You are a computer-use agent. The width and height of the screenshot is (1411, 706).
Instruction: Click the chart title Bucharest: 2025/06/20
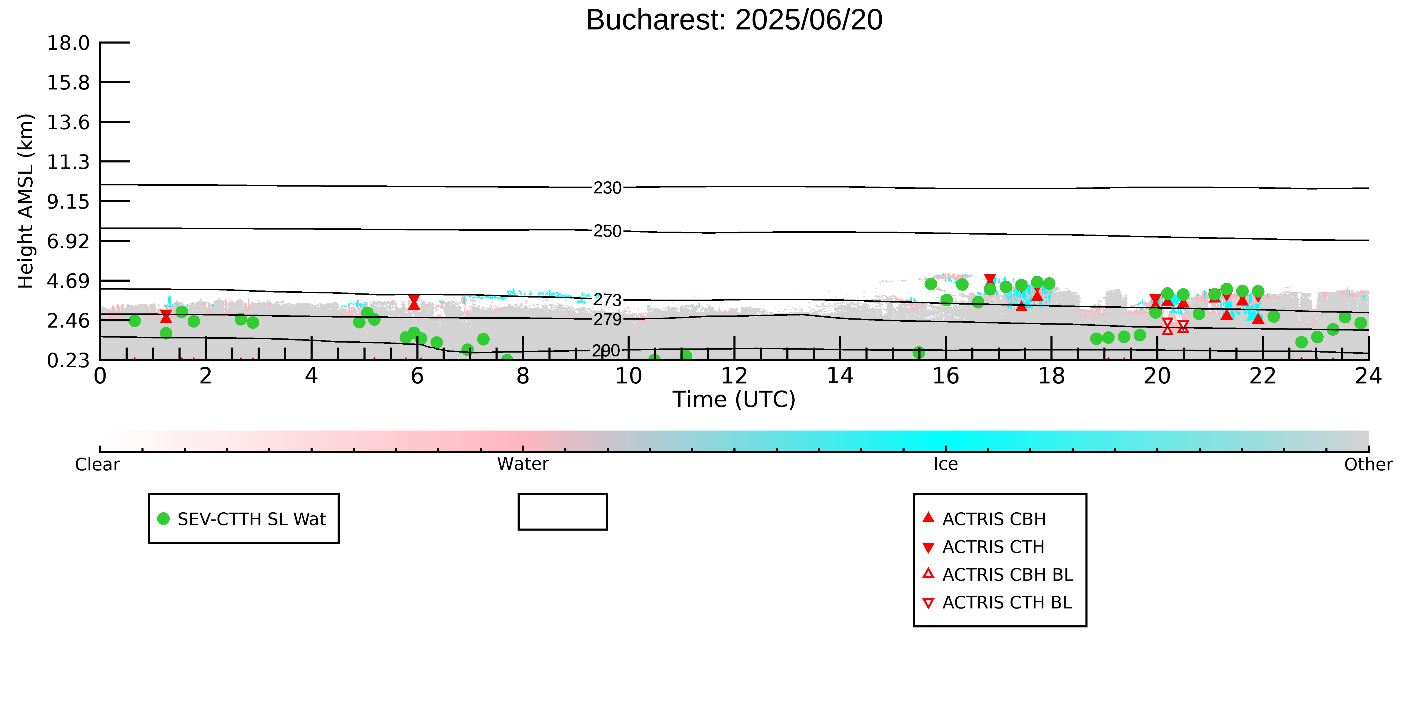pos(734,20)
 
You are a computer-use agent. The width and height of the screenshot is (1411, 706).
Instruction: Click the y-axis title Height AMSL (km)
pos(26,201)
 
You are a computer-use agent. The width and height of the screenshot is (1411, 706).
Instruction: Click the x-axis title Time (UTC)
pos(734,400)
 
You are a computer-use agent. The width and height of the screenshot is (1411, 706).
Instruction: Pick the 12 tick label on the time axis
pos(734,376)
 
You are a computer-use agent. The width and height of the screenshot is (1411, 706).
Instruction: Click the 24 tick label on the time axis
pos(1368,376)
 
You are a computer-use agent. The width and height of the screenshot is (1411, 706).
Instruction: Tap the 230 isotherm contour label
pos(608,188)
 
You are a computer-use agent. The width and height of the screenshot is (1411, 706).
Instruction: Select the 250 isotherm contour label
pos(608,231)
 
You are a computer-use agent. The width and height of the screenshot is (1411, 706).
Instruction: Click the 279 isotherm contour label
pos(608,320)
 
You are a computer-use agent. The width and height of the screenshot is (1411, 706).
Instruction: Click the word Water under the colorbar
pos(523,464)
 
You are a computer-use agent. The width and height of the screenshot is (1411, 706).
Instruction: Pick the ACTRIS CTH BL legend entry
pos(997,602)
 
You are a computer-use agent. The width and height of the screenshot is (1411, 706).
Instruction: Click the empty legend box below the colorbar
pos(563,512)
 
